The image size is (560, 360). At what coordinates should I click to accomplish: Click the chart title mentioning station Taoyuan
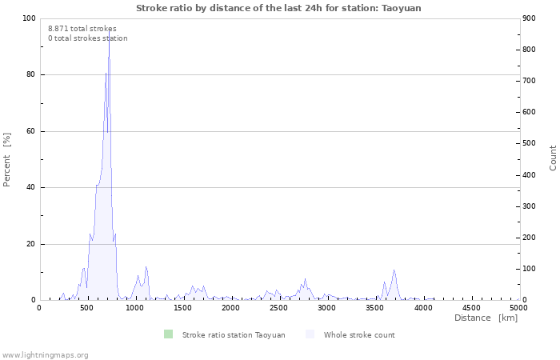pyautogui.click(x=278, y=8)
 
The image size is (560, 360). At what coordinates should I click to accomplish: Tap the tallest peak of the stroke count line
pyautogui.click(x=110, y=31)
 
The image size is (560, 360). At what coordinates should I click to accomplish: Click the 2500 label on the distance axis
pyautogui.click(x=278, y=307)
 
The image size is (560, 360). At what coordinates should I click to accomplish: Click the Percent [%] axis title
pyautogui.click(x=6, y=160)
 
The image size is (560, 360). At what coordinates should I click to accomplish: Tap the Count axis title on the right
pyautogui.click(x=553, y=158)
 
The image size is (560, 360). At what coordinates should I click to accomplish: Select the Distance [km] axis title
pyautogui.click(x=486, y=318)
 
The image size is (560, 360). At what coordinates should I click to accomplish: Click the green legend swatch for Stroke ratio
pyautogui.click(x=168, y=334)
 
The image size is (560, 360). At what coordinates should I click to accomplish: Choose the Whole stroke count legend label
pyautogui.click(x=359, y=335)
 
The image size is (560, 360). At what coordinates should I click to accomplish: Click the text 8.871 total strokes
pyautogui.click(x=82, y=29)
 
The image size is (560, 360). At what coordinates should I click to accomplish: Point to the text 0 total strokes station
pyautogui.click(x=88, y=38)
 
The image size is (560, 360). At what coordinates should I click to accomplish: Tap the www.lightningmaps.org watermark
pyautogui.click(x=44, y=355)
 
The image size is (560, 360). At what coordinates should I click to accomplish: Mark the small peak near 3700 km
pyautogui.click(x=394, y=270)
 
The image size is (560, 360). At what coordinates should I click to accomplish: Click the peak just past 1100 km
pyautogui.click(x=146, y=266)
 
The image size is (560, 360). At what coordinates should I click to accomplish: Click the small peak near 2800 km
pyautogui.click(x=305, y=279)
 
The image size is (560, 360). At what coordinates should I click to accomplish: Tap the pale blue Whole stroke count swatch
pyautogui.click(x=310, y=334)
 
